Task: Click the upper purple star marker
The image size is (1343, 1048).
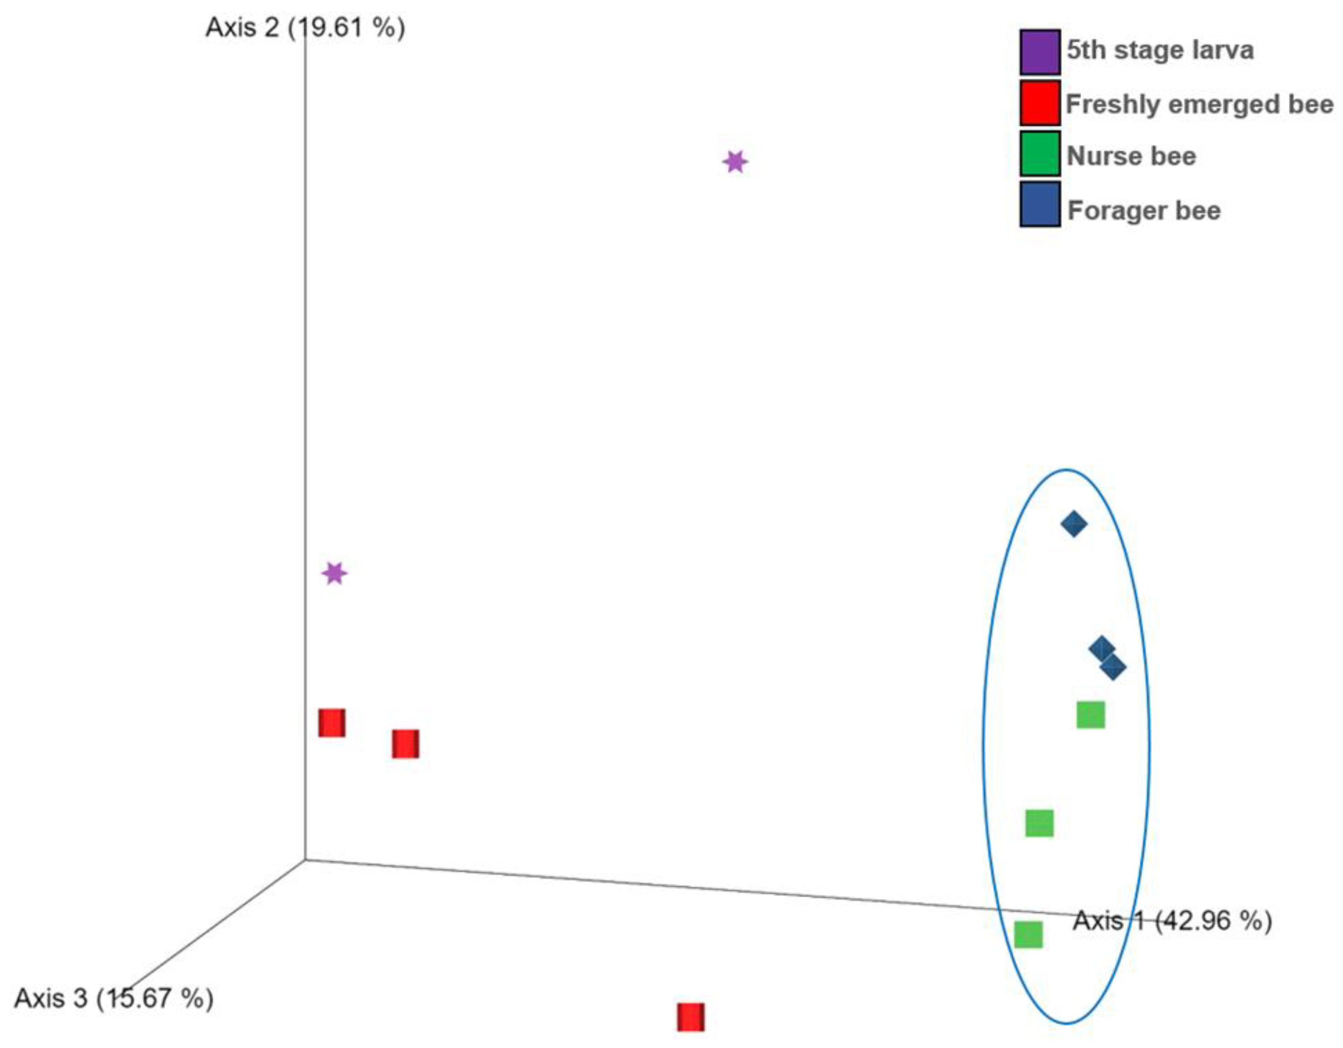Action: (x=735, y=162)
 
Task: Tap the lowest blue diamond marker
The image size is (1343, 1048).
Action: (x=1113, y=667)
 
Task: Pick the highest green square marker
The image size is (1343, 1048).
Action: (x=1091, y=715)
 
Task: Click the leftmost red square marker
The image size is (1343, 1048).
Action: (x=331, y=723)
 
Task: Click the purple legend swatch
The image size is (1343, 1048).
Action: (x=1040, y=51)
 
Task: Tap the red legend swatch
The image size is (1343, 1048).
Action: (x=1040, y=103)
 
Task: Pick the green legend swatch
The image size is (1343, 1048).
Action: (x=1040, y=154)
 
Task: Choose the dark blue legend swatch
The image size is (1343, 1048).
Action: (x=1040, y=204)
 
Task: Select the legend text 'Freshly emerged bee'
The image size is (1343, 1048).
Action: (x=1199, y=104)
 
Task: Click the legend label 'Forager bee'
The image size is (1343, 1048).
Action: (x=1144, y=211)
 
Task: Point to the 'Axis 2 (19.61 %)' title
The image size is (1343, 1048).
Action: (x=305, y=28)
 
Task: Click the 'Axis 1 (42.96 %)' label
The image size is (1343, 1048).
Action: (x=1172, y=921)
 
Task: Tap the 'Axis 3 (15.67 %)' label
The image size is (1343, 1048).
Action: (x=114, y=998)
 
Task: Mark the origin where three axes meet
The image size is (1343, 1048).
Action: (x=305, y=859)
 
